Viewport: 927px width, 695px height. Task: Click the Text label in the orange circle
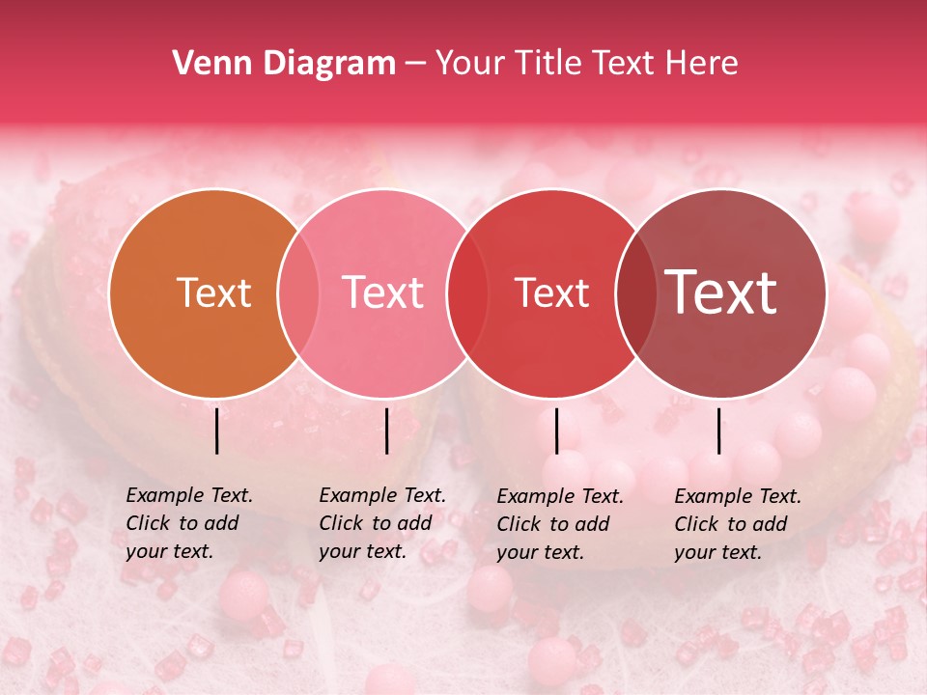pyautogui.click(x=213, y=293)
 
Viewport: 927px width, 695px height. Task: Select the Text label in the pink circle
pyautogui.click(x=382, y=293)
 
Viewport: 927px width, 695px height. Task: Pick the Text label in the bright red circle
pyautogui.click(x=551, y=293)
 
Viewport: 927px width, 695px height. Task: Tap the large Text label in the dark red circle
pyautogui.click(x=720, y=292)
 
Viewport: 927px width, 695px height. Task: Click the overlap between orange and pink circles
pyautogui.click(x=298, y=293)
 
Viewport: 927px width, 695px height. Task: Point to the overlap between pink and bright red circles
pyautogui.click(x=467, y=293)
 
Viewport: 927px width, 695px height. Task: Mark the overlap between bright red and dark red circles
pyautogui.click(x=635, y=293)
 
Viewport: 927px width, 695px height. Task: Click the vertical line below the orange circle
pyautogui.click(x=216, y=431)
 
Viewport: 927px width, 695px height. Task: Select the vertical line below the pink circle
pyautogui.click(x=386, y=431)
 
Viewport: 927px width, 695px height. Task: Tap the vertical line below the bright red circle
pyautogui.click(x=556, y=431)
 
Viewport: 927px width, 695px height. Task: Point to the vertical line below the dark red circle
pyautogui.click(x=718, y=431)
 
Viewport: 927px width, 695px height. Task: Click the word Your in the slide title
pyautogui.click(x=470, y=64)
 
